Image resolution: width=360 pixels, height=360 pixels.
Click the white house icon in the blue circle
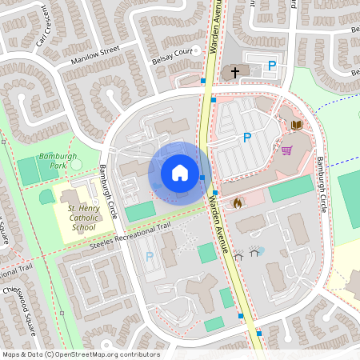pyautogui.click(x=179, y=172)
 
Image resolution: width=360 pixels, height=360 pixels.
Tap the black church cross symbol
pyautogui.click(x=235, y=73)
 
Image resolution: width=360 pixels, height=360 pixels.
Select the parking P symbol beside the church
pyautogui.click(x=272, y=66)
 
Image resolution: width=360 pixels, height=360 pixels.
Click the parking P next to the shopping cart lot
pyautogui.click(x=247, y=138)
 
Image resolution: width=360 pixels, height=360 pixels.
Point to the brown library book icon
pyautogui.click(x=296, y=125)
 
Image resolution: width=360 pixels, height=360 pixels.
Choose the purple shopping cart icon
pyautogui.click(x=286, y=150)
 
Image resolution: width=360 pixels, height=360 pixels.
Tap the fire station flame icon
pyautogui.click(x=237, y=204)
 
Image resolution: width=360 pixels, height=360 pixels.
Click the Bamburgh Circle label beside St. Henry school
pyautogui.click(x=108, y=193)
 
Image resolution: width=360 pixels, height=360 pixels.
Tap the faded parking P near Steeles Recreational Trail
pyautogui.click(x=150, y=257)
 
